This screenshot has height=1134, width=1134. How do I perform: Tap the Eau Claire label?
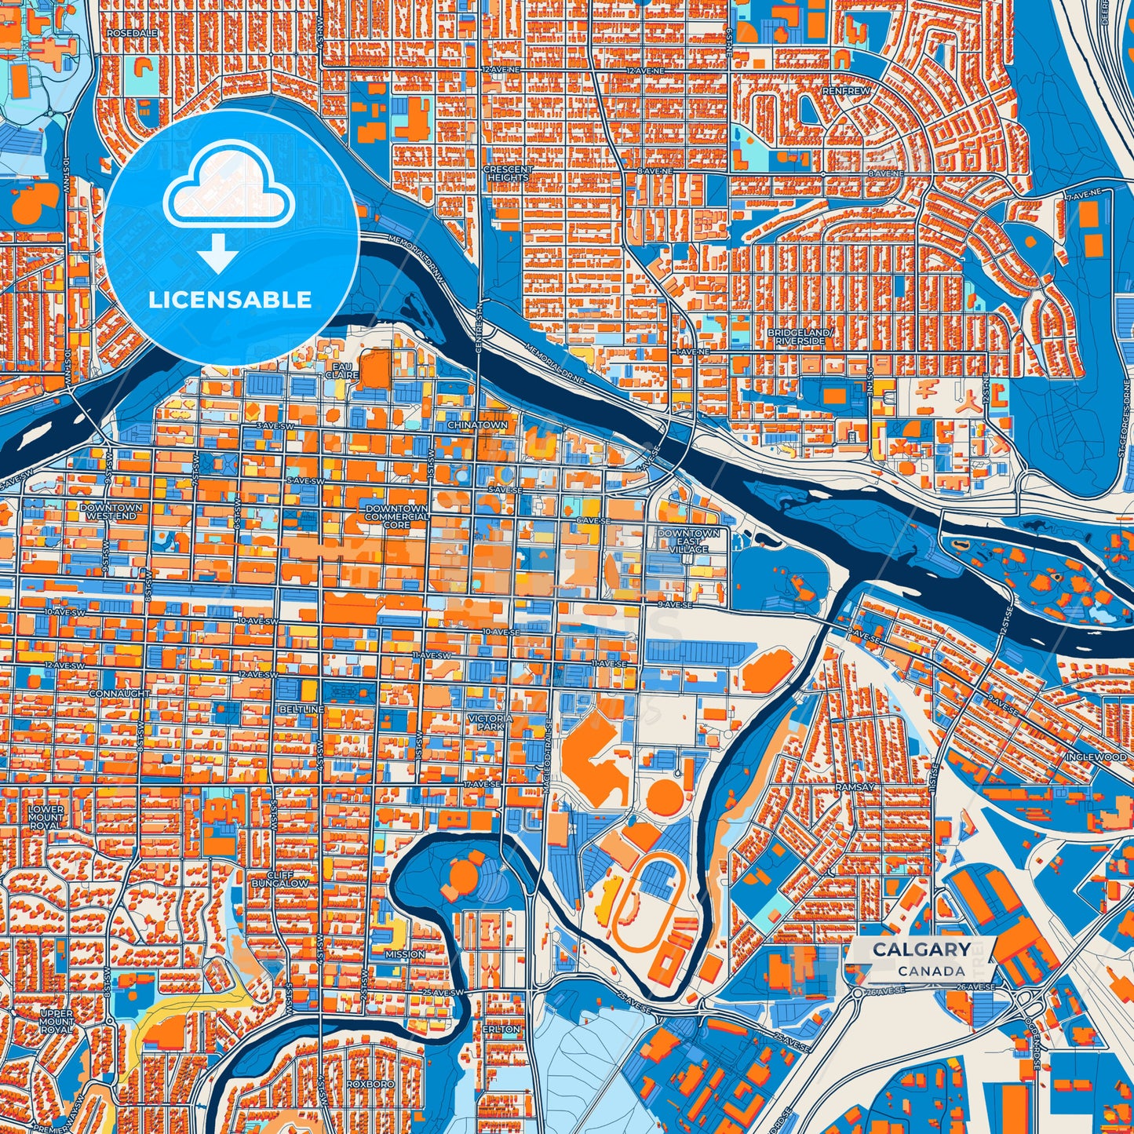(x=343, y=370)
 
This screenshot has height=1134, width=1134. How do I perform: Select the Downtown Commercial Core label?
(x=396, y=516)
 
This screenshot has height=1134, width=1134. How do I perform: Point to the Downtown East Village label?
(x=688, y=541)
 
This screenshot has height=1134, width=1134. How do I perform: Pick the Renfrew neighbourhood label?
(x=846, y=91)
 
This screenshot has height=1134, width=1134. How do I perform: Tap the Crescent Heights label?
(x=508, y=173)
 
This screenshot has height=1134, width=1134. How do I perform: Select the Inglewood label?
(x=1096, y=757)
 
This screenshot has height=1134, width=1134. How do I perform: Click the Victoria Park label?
(x=490, y=722)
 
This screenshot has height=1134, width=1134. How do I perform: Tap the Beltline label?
(x=301, y=709)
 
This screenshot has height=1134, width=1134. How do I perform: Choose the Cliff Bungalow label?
(x=280, y=879)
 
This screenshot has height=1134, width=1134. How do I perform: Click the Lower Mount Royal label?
(x=46, y=817)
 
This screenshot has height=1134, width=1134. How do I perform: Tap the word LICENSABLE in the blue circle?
(x=230, y=300)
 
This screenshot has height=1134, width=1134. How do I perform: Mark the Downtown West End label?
(x=111, y=512)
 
